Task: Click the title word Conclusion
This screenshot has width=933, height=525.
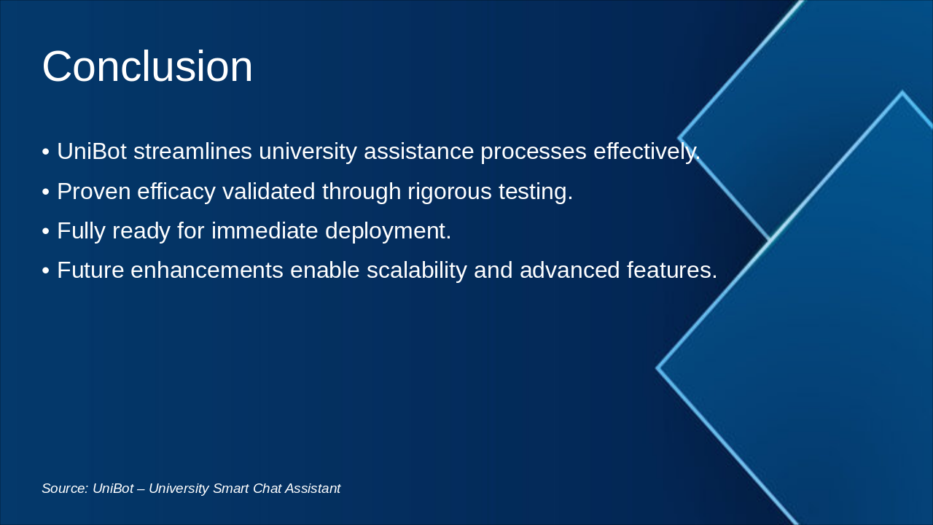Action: pos(147,66)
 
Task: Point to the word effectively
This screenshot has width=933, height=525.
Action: pos(646,152)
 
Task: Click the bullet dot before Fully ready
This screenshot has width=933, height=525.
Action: pos(45,232)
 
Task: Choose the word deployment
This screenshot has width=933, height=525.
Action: pos(388,231)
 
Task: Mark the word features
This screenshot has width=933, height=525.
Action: pos(672,271)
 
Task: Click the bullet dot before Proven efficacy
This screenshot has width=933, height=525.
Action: pos(45,192)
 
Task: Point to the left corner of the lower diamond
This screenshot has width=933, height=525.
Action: pos(658,368)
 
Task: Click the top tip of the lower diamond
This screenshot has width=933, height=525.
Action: pos(902,93)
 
